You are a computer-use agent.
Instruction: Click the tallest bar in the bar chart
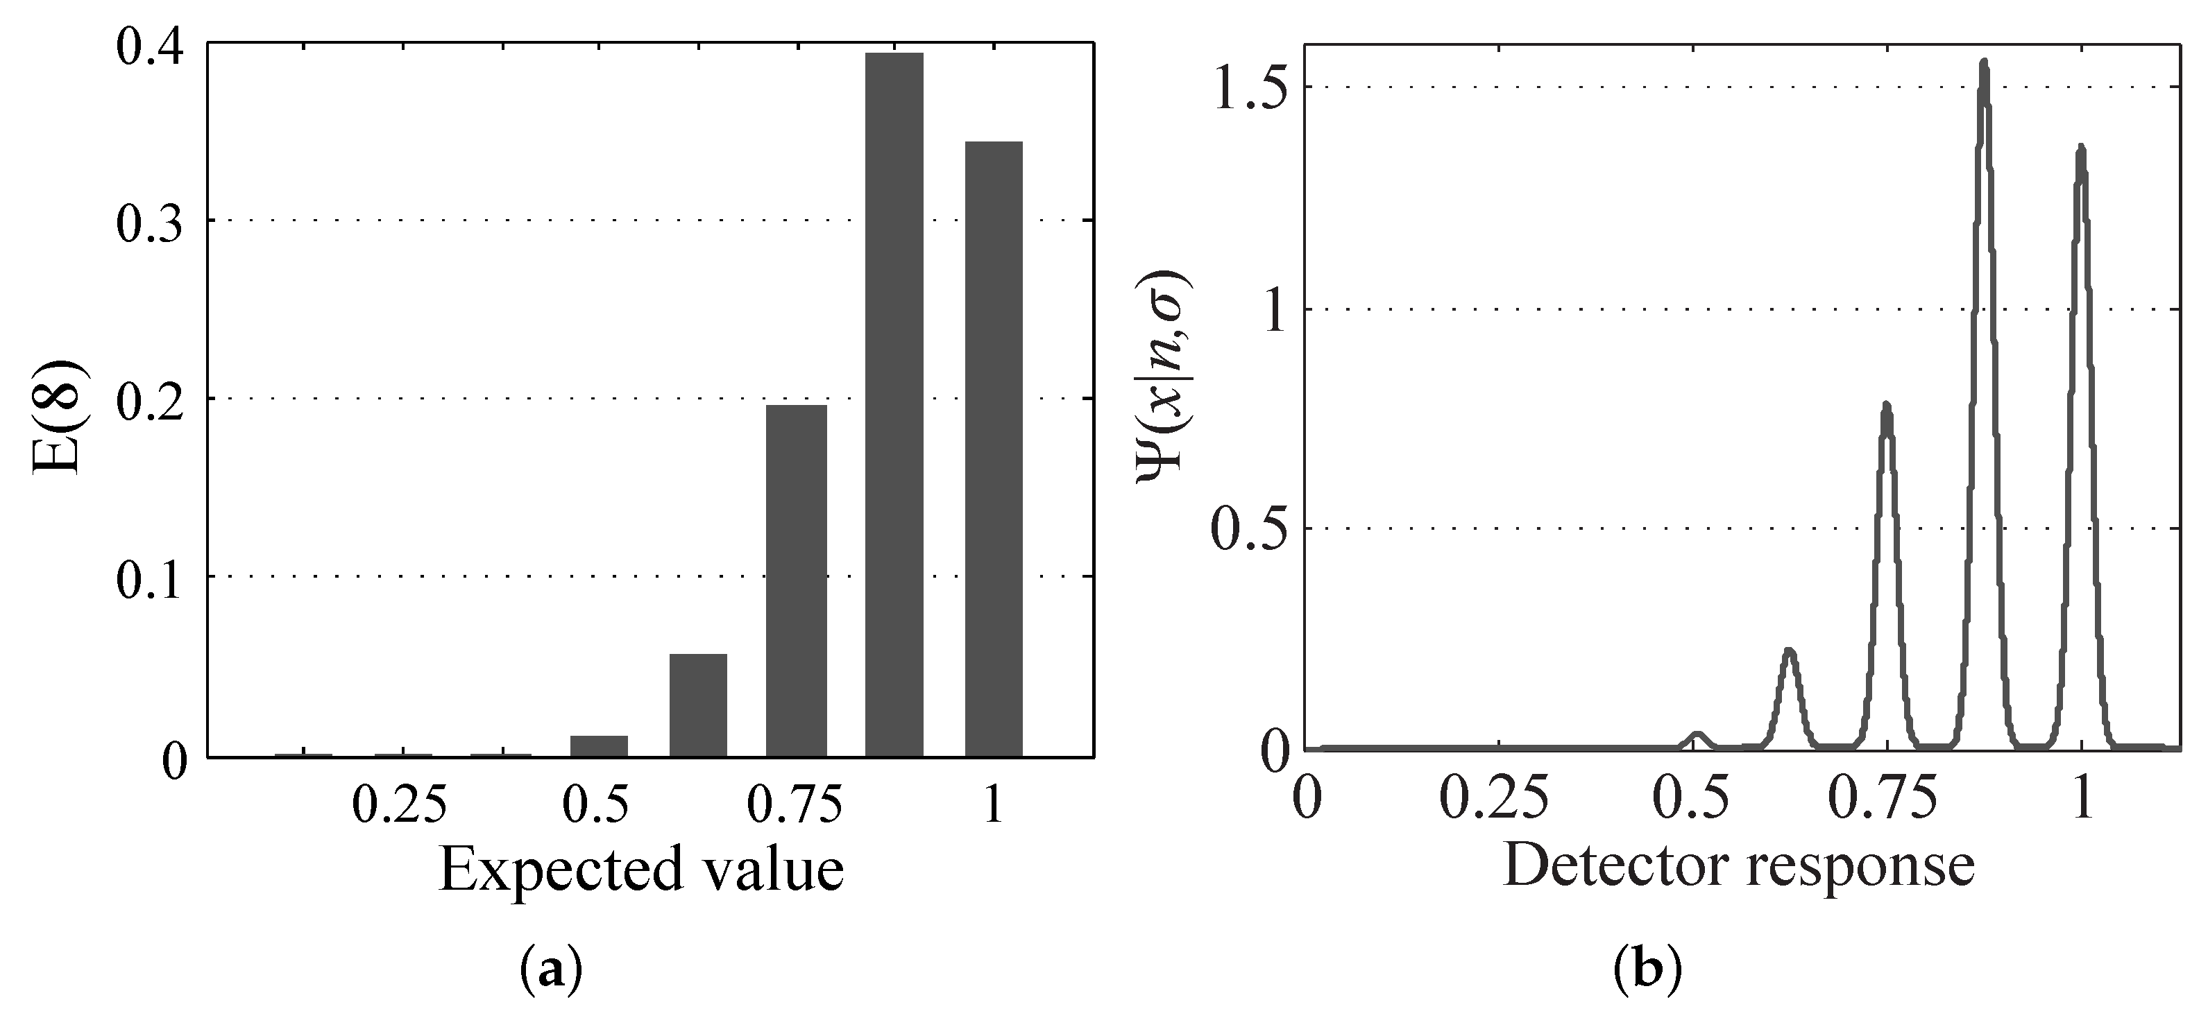(894, 403)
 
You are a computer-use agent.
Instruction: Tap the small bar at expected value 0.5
(598, 745)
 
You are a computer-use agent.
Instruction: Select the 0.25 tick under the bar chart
(400, 805)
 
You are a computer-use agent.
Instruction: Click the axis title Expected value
(641, 870)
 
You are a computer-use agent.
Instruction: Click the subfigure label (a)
(551, 972)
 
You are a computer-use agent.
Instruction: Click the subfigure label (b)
(1647, 972)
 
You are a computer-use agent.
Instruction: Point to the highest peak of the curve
(1983, 65)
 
